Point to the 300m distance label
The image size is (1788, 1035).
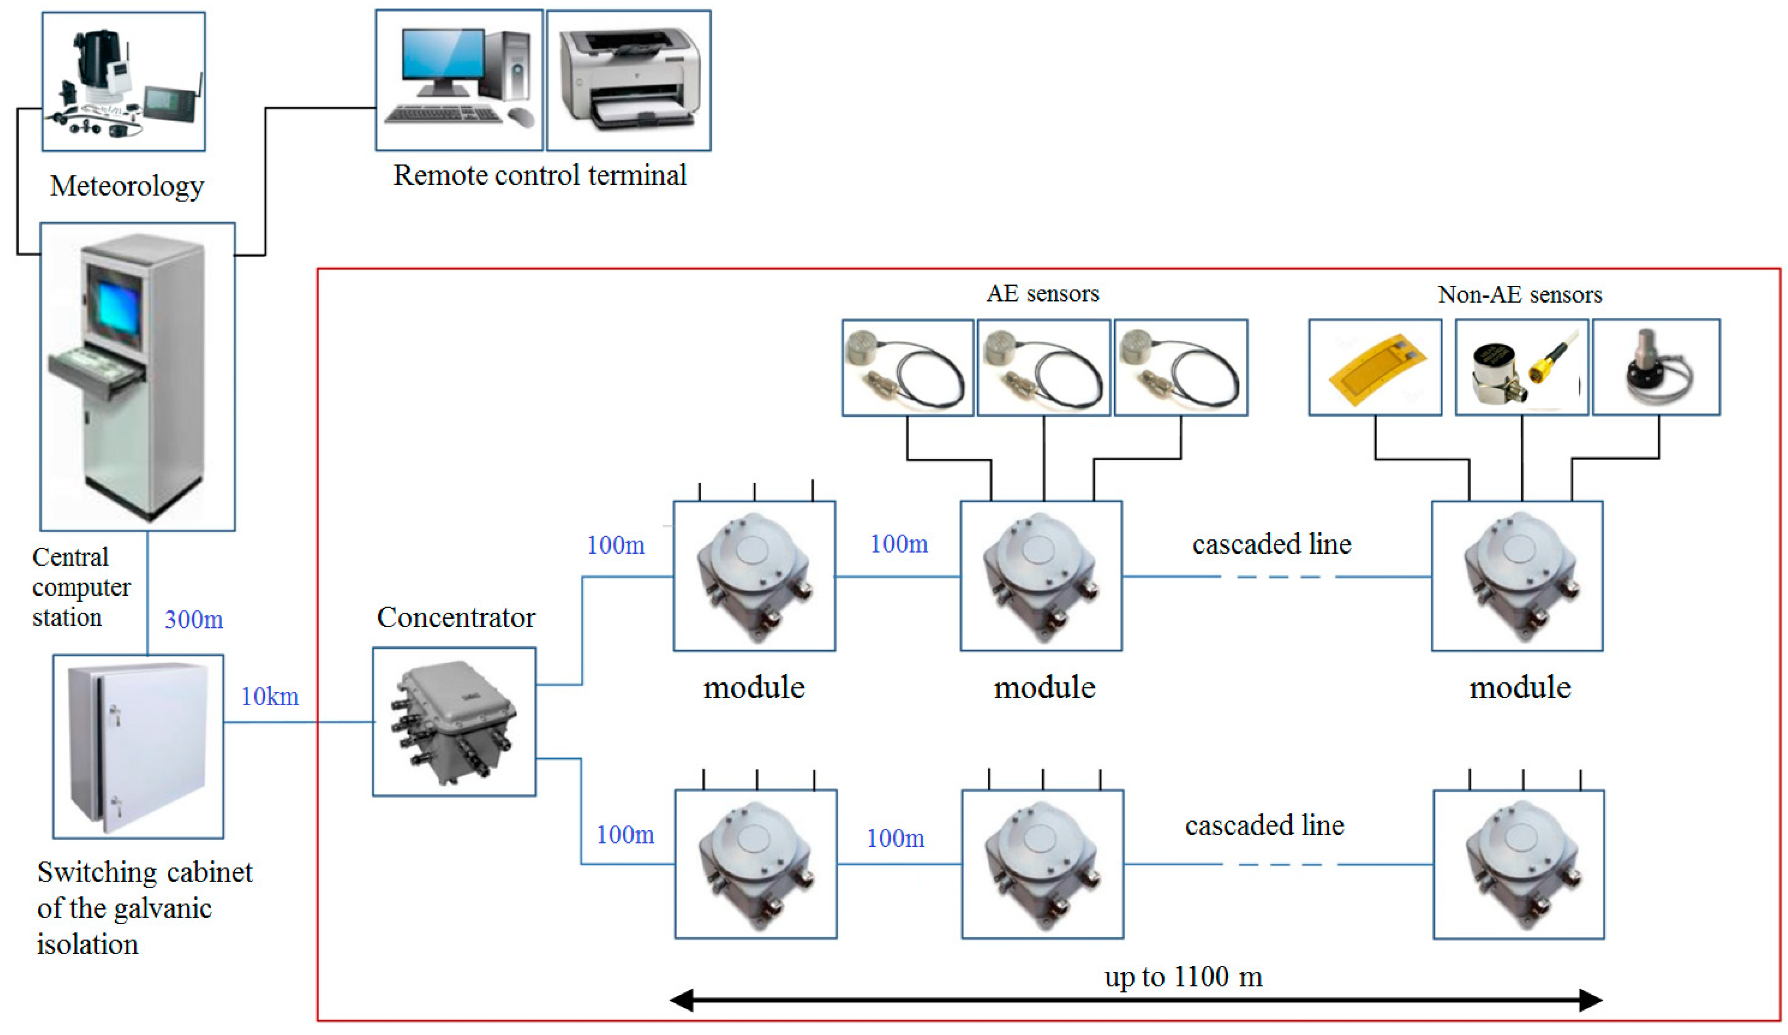pos(193,620)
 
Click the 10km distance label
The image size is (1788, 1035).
pos(270,696)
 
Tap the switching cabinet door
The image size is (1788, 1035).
pos(152,745)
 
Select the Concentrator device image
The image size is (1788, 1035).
pos(454,722)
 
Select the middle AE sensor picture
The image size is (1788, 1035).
pos(1043,367)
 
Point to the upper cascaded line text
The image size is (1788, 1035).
pos(1272,544)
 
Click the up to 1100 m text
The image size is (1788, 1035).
pos(1183,977)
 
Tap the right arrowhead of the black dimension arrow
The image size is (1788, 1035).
pos(1589,1000)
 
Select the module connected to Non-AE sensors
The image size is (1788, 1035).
pos(1516,576)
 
